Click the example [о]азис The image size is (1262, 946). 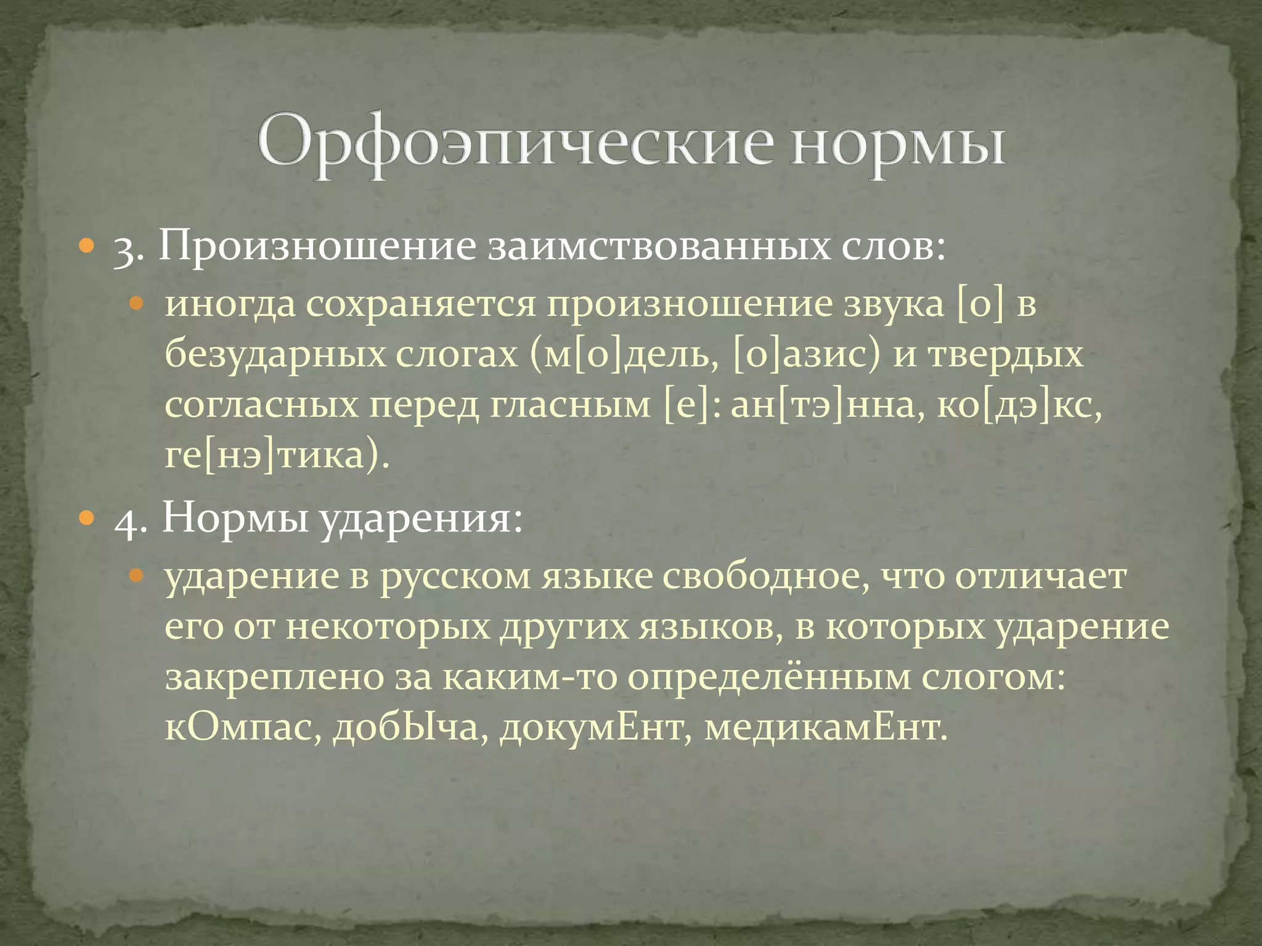click(807, 355)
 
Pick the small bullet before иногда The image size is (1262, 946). click(136, 304)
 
